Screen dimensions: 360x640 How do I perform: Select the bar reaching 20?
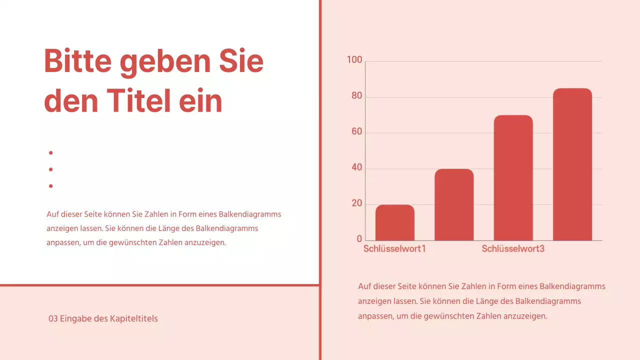click(x=395, y=223)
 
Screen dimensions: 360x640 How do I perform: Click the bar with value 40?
click(x=454, y=205)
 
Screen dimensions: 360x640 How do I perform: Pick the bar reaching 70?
click(x=513, y=178)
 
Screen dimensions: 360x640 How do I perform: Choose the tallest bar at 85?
click(x=572, y=165)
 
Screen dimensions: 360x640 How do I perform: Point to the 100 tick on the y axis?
click(x=354, y=60)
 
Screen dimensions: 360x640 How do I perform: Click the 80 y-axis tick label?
click(x=356, y=96)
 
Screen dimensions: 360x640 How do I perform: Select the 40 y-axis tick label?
click(x=356, y=168)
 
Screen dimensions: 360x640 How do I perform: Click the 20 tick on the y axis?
click(x=356, y=203)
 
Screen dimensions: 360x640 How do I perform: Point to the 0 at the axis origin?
click(x=359, y=239)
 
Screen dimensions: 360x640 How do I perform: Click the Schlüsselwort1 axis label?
click(x=394, y=248)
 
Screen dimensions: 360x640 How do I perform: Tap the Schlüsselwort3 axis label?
click(x=513, y=248)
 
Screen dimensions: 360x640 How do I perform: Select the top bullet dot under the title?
click(x=51, y=152)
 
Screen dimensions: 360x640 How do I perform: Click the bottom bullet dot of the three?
click(x=51, y=186)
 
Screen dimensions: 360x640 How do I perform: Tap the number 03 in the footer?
click(x=53, y=318)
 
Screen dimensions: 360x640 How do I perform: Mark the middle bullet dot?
click(x=51, y=169)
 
